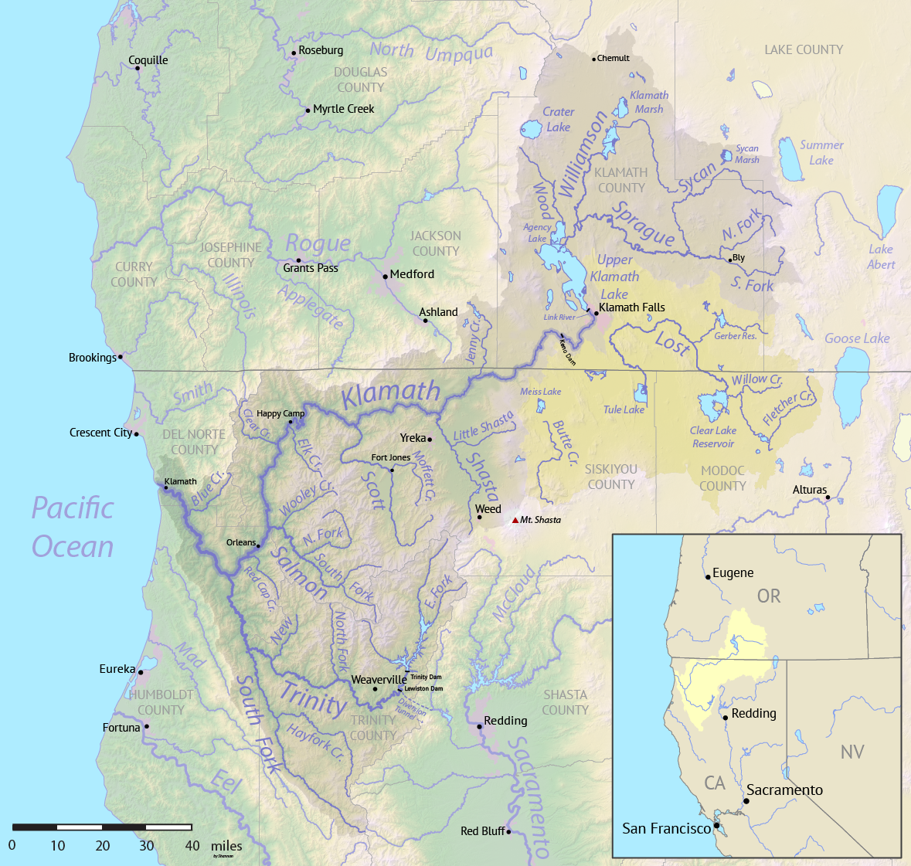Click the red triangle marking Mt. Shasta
coord(515,520)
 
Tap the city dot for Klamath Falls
coord(596,313)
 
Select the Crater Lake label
coord(558,120)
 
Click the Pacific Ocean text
coord(73,527)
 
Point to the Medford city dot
coord(385,276)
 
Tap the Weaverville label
coord(379,680)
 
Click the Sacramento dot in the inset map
coord(746,801)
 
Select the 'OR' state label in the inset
coord(768,596)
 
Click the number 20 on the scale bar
coord(103,846)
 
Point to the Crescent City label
coord(100,433)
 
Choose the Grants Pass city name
coord(311,268)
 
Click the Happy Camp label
coord(280,414)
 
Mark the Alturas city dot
coord(828,497)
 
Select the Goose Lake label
coord(857,338)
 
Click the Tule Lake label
coord(624,409)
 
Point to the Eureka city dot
coord(141,672)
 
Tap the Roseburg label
coord(321,50)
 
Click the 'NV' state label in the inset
coord(852,752)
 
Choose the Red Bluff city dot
coord(508,832)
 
